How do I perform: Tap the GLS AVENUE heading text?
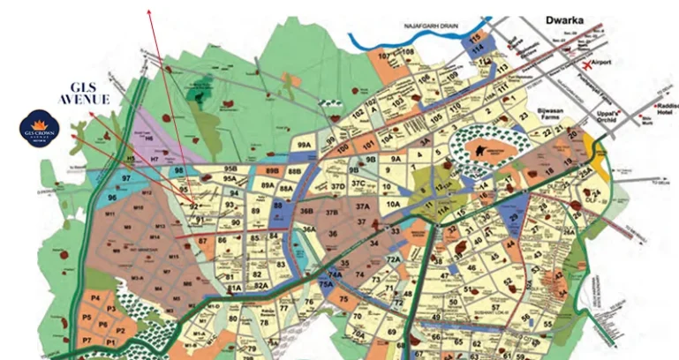[84, 93]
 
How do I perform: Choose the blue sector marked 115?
[477, 40]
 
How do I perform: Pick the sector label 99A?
[305, 146]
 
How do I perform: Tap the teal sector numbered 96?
[112, 199]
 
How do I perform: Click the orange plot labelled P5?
[87, 316]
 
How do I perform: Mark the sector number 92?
[194, 206]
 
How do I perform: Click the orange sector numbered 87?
[203, 240]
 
